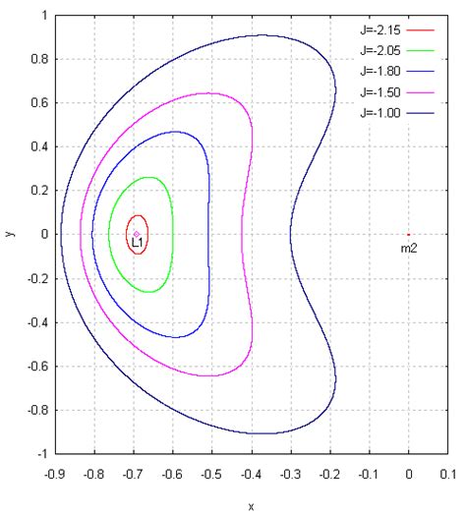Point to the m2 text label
click(x=409, y=250)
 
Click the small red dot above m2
click(x=408, y=235)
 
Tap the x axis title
click(x=251, y=507)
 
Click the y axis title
click(x=9, y=235)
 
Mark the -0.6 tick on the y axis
click(x=36, y=367)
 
